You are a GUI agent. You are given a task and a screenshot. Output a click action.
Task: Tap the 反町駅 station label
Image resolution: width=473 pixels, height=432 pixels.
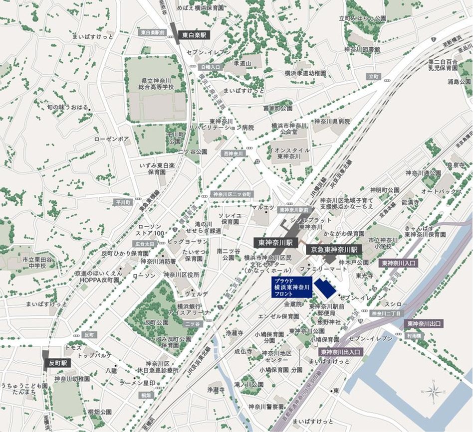[x=57, y=363]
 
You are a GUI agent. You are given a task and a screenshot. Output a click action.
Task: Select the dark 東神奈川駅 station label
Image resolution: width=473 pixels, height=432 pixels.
[x=275, y=243]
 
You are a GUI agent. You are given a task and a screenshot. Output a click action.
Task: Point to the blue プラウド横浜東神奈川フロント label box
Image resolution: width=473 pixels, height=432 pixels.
[x=292, y=288]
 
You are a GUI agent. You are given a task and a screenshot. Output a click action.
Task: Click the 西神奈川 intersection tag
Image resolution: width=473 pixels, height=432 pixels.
[x=234, y=153]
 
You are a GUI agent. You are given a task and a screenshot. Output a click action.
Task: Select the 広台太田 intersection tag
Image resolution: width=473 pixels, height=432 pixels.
[x=145, y=244]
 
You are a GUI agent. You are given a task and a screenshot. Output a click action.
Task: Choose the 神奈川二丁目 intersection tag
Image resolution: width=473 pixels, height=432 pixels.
[x=385, y=313]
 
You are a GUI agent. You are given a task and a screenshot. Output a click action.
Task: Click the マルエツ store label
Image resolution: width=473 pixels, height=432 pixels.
[x=262, y=207]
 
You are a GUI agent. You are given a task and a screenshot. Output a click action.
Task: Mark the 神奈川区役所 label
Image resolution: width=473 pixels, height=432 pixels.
[x=183, y=275]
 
